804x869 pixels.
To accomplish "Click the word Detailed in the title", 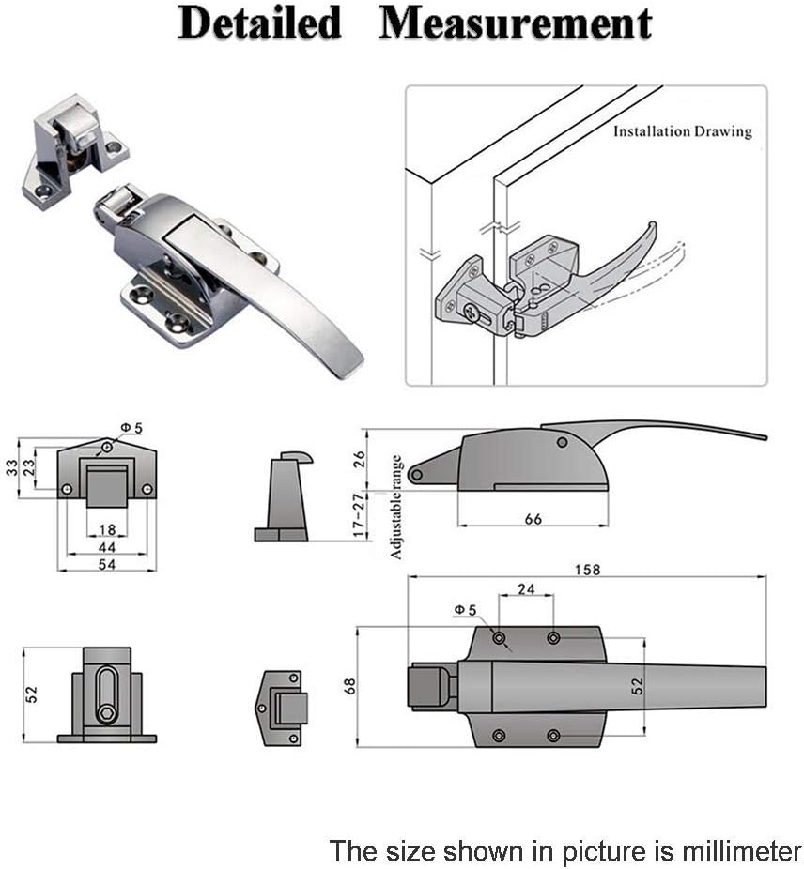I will [x=259, y=23].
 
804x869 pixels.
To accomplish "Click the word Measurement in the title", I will [x=515, y=23].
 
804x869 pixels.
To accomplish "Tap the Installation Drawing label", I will [x=682, y=131].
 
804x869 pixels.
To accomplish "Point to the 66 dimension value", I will [x=533, y=519].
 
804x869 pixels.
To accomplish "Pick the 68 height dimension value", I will [x=349, y=686].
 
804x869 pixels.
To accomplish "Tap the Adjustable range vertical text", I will [x=396, y=507].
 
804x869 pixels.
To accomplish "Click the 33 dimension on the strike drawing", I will [x=11, y=465].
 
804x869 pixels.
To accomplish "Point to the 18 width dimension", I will [x=107, y=530].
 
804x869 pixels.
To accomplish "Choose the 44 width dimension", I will [x=107, y=546].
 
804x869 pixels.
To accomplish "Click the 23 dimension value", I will [x=28, y=465].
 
